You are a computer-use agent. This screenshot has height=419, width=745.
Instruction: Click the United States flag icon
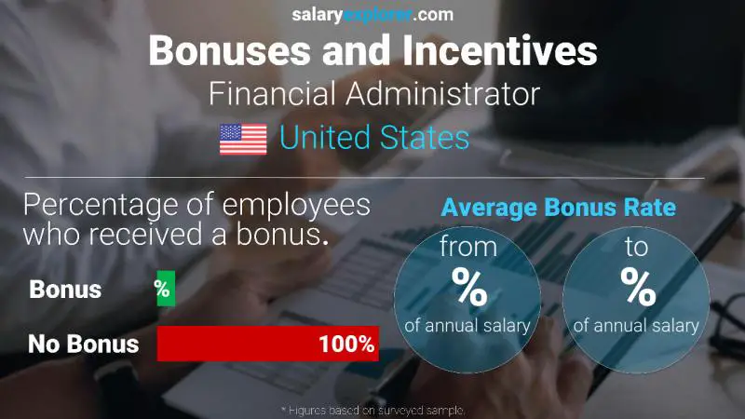(243, 139)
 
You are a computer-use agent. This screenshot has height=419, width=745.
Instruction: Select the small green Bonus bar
(165, 290)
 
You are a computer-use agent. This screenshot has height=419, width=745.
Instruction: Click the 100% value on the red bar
(345, 345)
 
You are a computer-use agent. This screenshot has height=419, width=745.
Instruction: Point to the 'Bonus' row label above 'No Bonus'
(65, 290)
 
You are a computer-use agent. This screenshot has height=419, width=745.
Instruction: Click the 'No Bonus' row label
(83, 345)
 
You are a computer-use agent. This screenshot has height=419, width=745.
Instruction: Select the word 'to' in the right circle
(638, 250)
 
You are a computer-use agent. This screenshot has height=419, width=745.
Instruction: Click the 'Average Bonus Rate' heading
(558, 209)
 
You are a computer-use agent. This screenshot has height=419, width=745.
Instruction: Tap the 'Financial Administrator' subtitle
(374, 94)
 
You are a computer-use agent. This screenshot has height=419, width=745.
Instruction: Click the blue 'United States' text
(374, 139)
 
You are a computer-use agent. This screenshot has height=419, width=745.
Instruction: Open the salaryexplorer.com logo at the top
(372, 15)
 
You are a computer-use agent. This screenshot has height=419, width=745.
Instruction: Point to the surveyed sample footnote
(372, 410)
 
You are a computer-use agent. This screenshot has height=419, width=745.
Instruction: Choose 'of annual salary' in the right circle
(636, 326)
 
